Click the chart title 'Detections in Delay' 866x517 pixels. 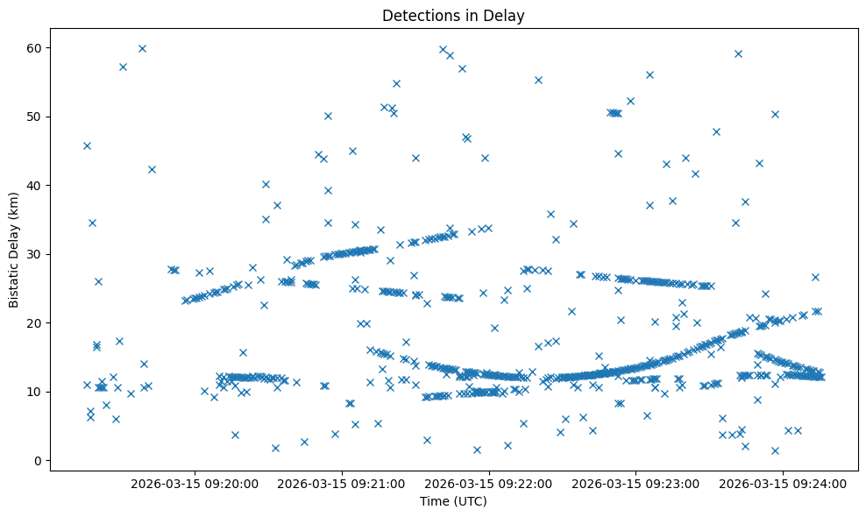[453, 15]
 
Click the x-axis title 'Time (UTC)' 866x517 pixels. [453, 501]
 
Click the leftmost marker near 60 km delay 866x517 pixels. [142, 48]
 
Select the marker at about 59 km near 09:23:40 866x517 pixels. [738, 53]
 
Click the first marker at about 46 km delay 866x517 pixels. [87, 145]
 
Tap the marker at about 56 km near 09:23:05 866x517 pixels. [649, 74]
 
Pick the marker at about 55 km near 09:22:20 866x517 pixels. [538, 80]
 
